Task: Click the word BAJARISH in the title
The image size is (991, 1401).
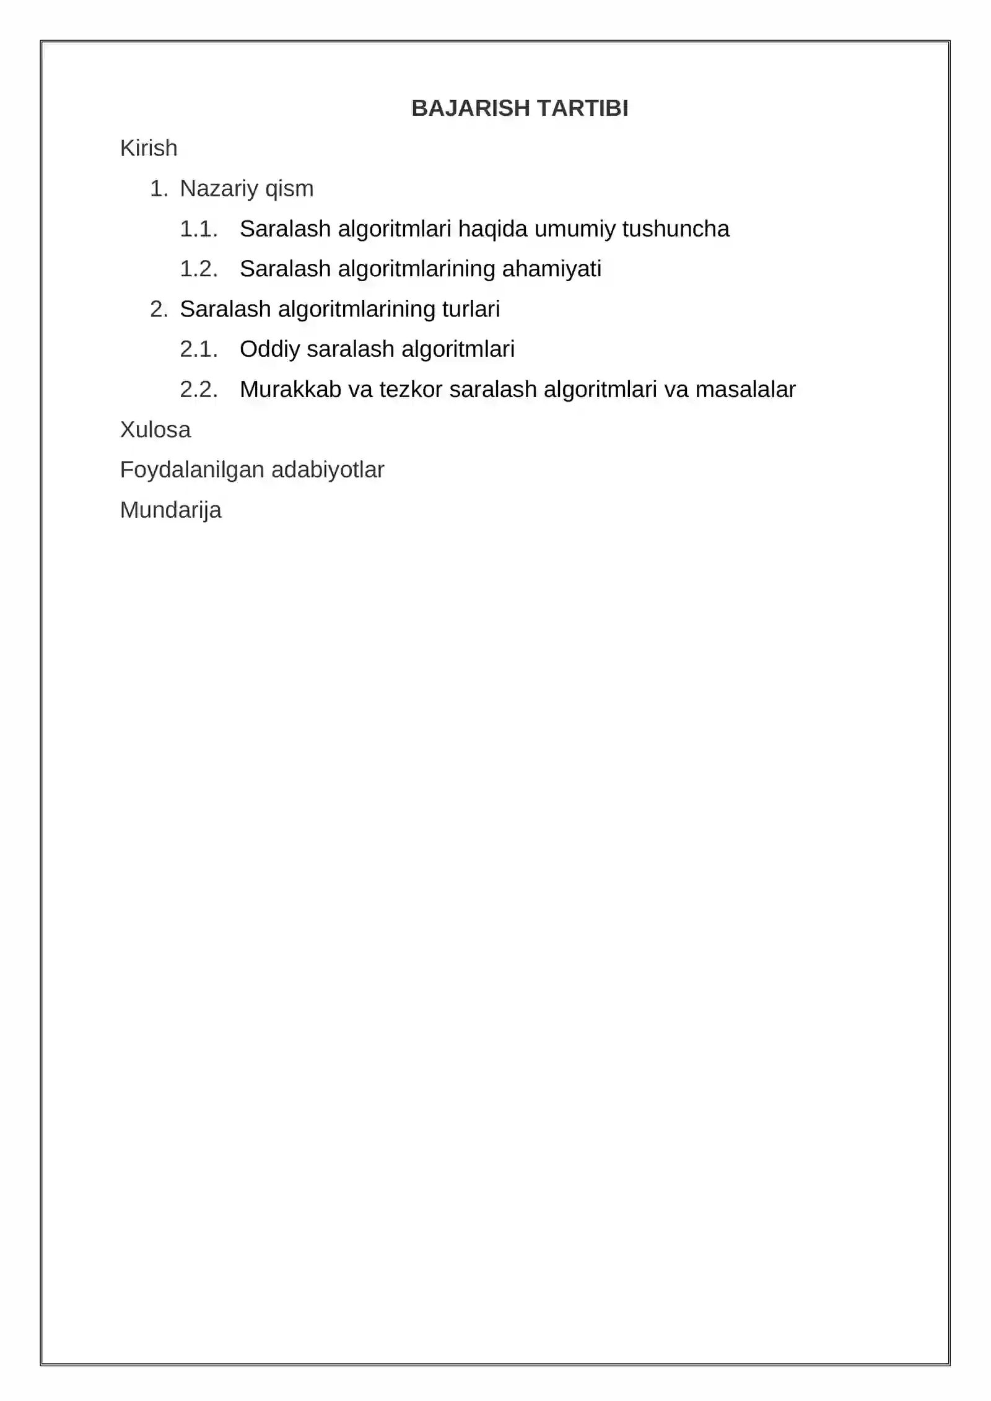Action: pos(471,108)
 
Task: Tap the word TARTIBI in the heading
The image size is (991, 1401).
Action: pos(583,108)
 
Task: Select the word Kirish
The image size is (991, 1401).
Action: pos(149,149)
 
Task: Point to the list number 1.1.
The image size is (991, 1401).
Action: pos(198,229)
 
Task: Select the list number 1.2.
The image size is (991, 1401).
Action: pos(198,269)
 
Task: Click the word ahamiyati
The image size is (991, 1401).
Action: pos(551,269)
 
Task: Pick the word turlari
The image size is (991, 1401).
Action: pos(471,309)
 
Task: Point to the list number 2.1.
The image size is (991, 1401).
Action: pos(198,349)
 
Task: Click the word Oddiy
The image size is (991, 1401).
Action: pos(270,349)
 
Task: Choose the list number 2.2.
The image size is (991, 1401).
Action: pos(198,390)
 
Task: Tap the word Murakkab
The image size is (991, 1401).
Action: pos(290,390)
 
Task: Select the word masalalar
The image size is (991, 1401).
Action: pos(745,390)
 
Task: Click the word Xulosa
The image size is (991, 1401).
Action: pos(155,430)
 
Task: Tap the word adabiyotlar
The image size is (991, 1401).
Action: pos(328,470)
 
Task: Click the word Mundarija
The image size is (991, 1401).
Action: pos(171,510)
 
